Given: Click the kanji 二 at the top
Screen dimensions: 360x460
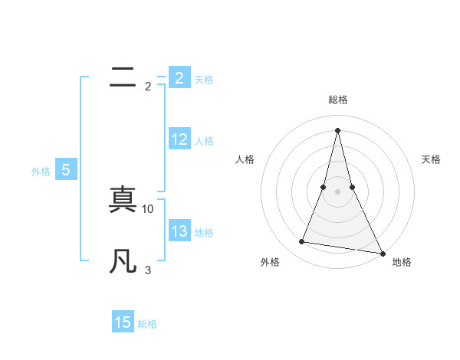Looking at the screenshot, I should (123, 77).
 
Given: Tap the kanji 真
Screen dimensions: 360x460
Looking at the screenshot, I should (123, 200).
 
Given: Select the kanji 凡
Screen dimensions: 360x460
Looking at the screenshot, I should (123, 261).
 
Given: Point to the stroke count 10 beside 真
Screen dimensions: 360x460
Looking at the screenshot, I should (148, 208).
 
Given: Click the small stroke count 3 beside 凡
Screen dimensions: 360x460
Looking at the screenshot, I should (148, 270).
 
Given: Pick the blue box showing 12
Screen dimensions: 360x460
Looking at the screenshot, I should (179, 139).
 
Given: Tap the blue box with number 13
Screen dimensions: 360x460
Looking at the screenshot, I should (179, 231).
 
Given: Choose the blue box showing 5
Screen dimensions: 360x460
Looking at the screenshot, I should (66, 171).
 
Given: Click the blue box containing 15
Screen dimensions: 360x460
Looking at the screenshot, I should (123, 322).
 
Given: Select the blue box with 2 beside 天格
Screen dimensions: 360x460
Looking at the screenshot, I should (179, 78).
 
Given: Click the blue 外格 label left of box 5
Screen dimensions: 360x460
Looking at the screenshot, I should (41, 172).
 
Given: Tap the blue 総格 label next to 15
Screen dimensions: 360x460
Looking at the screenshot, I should (147, 324).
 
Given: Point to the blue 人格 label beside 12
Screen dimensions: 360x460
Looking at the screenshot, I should (204, 141).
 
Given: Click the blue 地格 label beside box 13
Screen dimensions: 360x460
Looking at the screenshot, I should (204, 233).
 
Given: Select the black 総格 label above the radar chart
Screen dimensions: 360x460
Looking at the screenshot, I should (337, 100).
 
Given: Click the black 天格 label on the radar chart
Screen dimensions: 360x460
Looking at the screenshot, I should (432, 159).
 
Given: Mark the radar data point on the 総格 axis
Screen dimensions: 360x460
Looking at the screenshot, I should (337, 129).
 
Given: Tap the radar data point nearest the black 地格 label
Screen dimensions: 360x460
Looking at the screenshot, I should (381, 254).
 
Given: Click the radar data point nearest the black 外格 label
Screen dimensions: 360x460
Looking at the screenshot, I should (302, 242).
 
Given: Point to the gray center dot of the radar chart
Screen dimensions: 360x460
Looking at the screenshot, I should (337, 191).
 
